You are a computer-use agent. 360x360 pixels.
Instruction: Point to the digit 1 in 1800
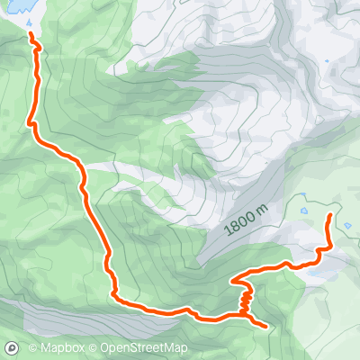pyautogui.click(x=227, y=234)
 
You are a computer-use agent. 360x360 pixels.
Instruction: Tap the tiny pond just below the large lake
pyautogui.click(x=30, y=34)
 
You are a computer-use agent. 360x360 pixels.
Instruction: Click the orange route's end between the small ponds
pyautogui.click(x=330, y=216)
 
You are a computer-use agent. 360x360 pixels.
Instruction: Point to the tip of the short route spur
pyautogui.click(x=266, y=325)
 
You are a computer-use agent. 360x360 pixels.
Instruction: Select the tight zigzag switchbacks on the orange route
pyautogui.click(x=245, y=297)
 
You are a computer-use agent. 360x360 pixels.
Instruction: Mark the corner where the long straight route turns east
pyautogui.click(x=115, y=295)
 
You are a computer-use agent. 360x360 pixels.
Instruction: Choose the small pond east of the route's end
pyautogui.click(x=347, y=226)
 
